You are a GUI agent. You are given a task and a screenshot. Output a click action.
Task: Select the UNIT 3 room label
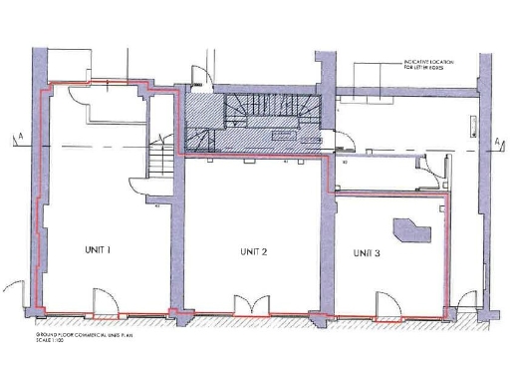[367, 253]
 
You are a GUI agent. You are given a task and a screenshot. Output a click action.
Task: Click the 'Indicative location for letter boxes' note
[430, 65]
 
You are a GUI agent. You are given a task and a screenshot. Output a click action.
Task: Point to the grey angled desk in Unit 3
[408, 232]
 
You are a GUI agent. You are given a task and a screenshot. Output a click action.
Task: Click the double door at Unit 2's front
[247, 303]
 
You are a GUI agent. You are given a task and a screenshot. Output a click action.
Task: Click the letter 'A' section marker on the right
[496, 142]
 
